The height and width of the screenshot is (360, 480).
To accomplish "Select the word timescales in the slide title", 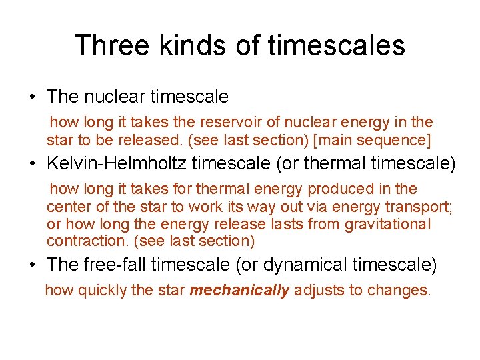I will (x=336, y=45).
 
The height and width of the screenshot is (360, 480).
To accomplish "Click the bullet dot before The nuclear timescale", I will (x=32, y=97).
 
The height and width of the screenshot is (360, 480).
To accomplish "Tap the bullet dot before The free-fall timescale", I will (x=32, y=265).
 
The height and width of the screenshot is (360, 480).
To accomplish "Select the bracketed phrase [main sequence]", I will (x=375, y=140).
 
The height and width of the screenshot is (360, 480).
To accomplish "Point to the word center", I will (x=67, y=207).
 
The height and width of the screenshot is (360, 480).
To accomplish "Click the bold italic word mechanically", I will (x=240, y=291).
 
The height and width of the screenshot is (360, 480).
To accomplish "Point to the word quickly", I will (x=101, y=291).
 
